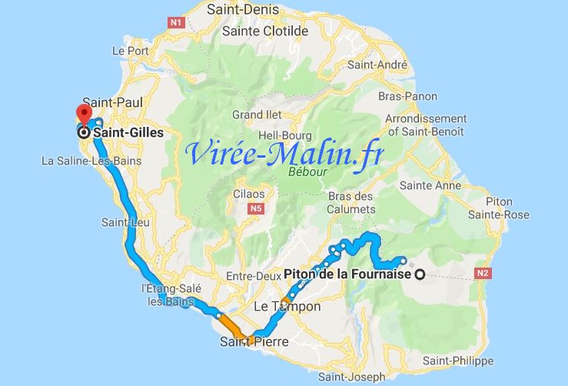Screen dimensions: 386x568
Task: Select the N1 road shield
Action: (175, 23)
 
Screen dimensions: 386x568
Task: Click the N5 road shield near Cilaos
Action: (256, 208)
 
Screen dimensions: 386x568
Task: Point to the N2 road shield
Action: (483, 273)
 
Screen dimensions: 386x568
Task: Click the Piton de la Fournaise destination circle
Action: (420, 275)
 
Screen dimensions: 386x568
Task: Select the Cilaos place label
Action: (249, 194)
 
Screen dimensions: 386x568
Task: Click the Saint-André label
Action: (404, 75)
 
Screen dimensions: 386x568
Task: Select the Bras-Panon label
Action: (408, 97)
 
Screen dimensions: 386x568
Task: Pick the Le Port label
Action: (128, 51)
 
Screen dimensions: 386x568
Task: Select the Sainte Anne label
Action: (430, 185)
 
